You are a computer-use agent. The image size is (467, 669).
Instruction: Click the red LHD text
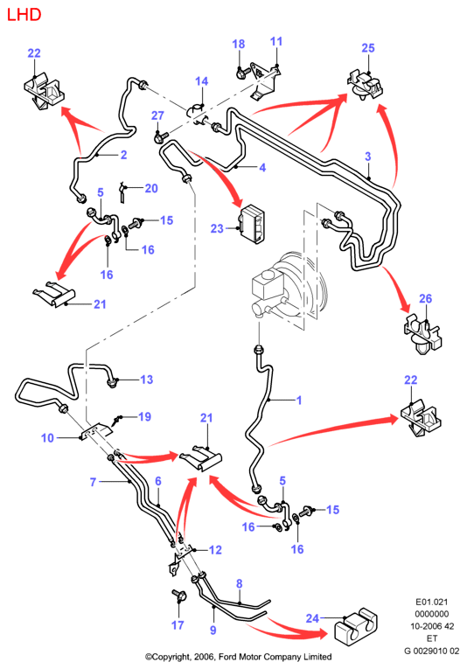(24, 15)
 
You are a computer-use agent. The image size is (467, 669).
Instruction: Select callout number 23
(217, 229)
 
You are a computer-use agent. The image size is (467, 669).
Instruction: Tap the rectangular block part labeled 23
(252, 224)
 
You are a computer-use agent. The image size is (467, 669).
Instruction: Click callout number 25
(367, 48)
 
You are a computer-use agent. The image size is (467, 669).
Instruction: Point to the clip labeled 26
(422, 335)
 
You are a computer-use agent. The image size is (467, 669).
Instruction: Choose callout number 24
(312, 617)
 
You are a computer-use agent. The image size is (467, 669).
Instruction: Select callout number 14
(202, 81)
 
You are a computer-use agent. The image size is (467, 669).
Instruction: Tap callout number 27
(157, 115)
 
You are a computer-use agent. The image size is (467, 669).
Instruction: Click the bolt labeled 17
(178, 596)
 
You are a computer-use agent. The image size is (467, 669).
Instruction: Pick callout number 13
(147, 380)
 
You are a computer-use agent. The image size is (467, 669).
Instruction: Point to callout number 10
(47, 438)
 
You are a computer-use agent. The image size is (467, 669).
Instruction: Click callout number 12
(215, 550)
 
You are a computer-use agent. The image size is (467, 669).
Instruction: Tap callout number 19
(144, 416)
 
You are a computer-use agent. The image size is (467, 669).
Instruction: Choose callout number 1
(299, 400)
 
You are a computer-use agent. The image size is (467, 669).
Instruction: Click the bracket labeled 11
(265, 82)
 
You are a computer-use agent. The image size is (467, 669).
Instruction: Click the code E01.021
(432, 602)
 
